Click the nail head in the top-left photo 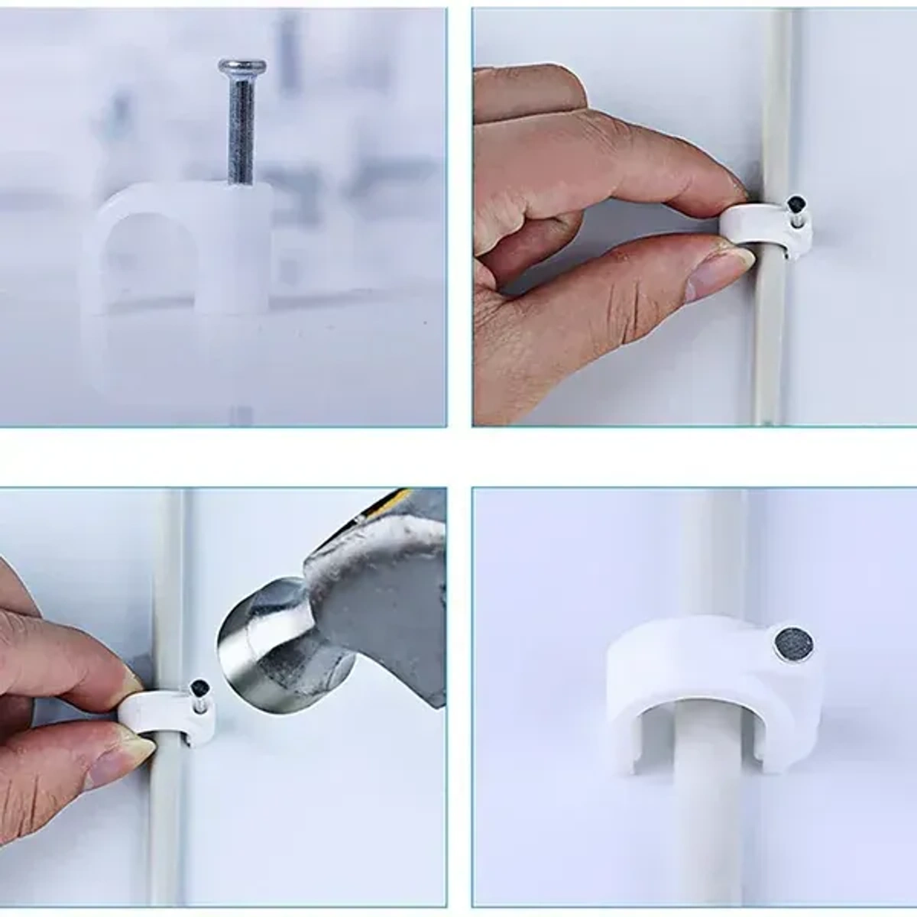[242, 66]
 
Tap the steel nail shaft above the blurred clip [241, 130]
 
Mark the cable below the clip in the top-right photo [768, 344]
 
